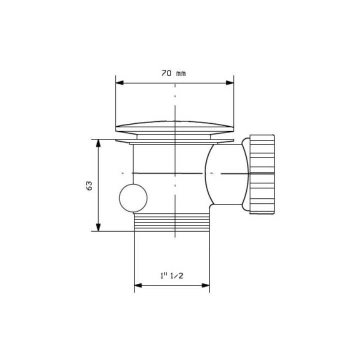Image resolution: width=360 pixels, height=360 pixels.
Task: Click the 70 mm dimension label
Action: [173, 73]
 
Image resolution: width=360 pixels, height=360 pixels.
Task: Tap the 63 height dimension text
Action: [89, 185]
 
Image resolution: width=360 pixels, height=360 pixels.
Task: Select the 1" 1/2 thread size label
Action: [172, 275]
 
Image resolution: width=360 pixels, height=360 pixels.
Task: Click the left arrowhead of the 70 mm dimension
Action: [119, 82]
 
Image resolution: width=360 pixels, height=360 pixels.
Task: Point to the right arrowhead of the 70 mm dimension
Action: [230, 82]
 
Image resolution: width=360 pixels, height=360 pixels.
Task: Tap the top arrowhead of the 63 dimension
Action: [98, 143]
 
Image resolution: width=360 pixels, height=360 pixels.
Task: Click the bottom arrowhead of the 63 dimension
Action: [98, 227]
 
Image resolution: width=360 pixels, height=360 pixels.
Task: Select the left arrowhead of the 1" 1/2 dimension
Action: [138, 285]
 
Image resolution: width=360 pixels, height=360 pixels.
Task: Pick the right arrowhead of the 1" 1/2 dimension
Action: [205, 285]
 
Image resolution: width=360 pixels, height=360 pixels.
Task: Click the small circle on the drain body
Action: [133, 198]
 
